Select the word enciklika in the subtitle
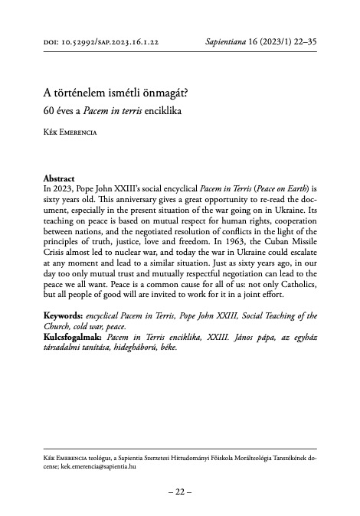pos(166,113)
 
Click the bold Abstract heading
pos(59,178)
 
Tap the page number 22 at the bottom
pos(179,492)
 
